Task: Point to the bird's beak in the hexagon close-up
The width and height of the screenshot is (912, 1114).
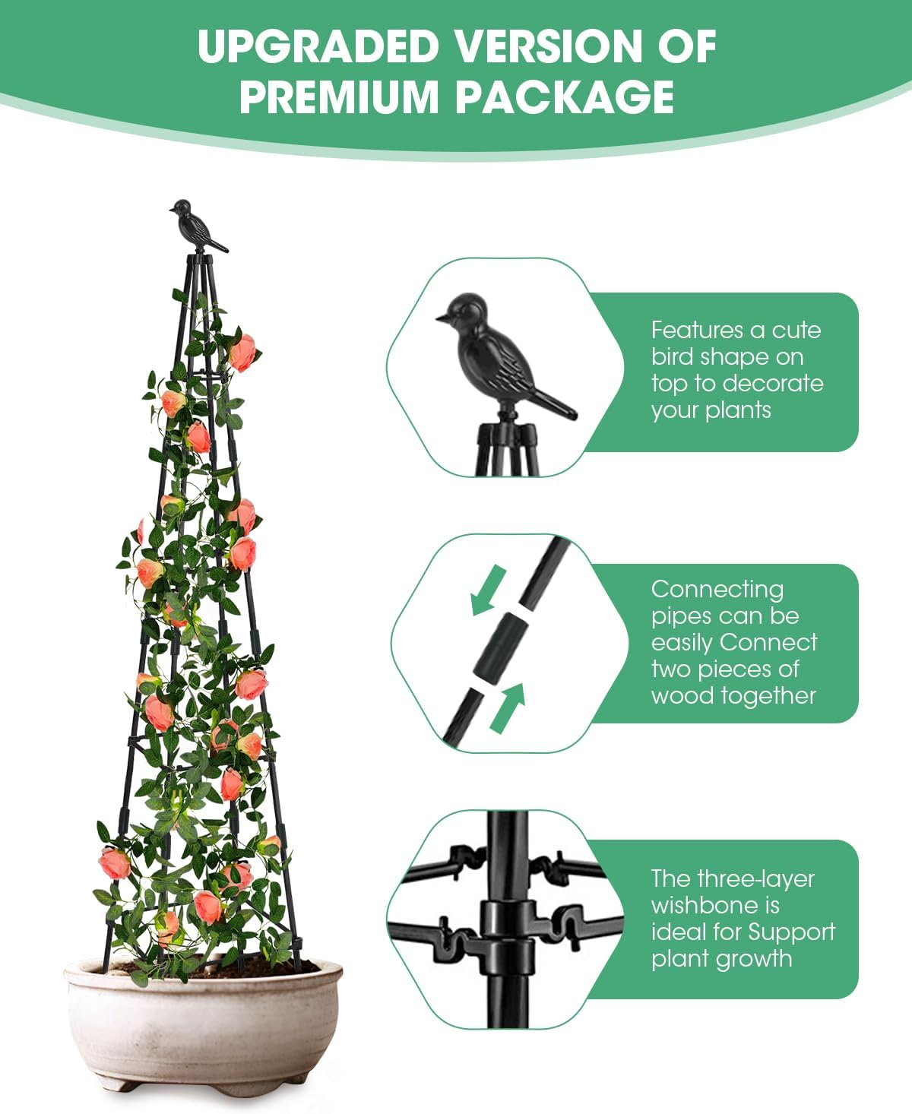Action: click(x=440, y=318)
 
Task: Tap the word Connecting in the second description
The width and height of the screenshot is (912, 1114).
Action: click(x=717, y=590)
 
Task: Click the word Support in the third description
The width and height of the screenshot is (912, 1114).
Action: click(x=792, y=932)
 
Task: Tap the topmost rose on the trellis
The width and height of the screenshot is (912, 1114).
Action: click(x=242, y=353)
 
